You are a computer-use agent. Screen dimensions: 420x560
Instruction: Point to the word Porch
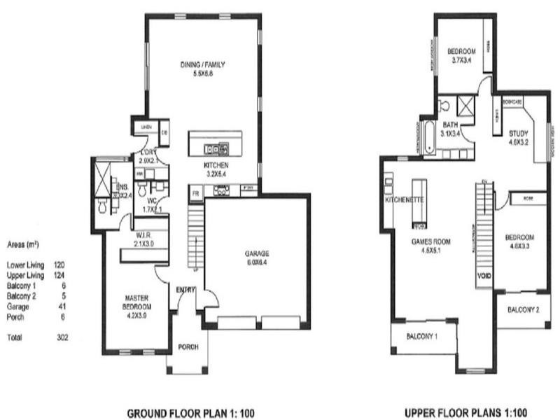coord(189,346)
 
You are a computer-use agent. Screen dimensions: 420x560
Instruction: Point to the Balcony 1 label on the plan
coord(423,337)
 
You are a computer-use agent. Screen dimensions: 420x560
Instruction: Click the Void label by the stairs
coord(484,276)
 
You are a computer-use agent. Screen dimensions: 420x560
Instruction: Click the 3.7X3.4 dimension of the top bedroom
coord(461,61)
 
